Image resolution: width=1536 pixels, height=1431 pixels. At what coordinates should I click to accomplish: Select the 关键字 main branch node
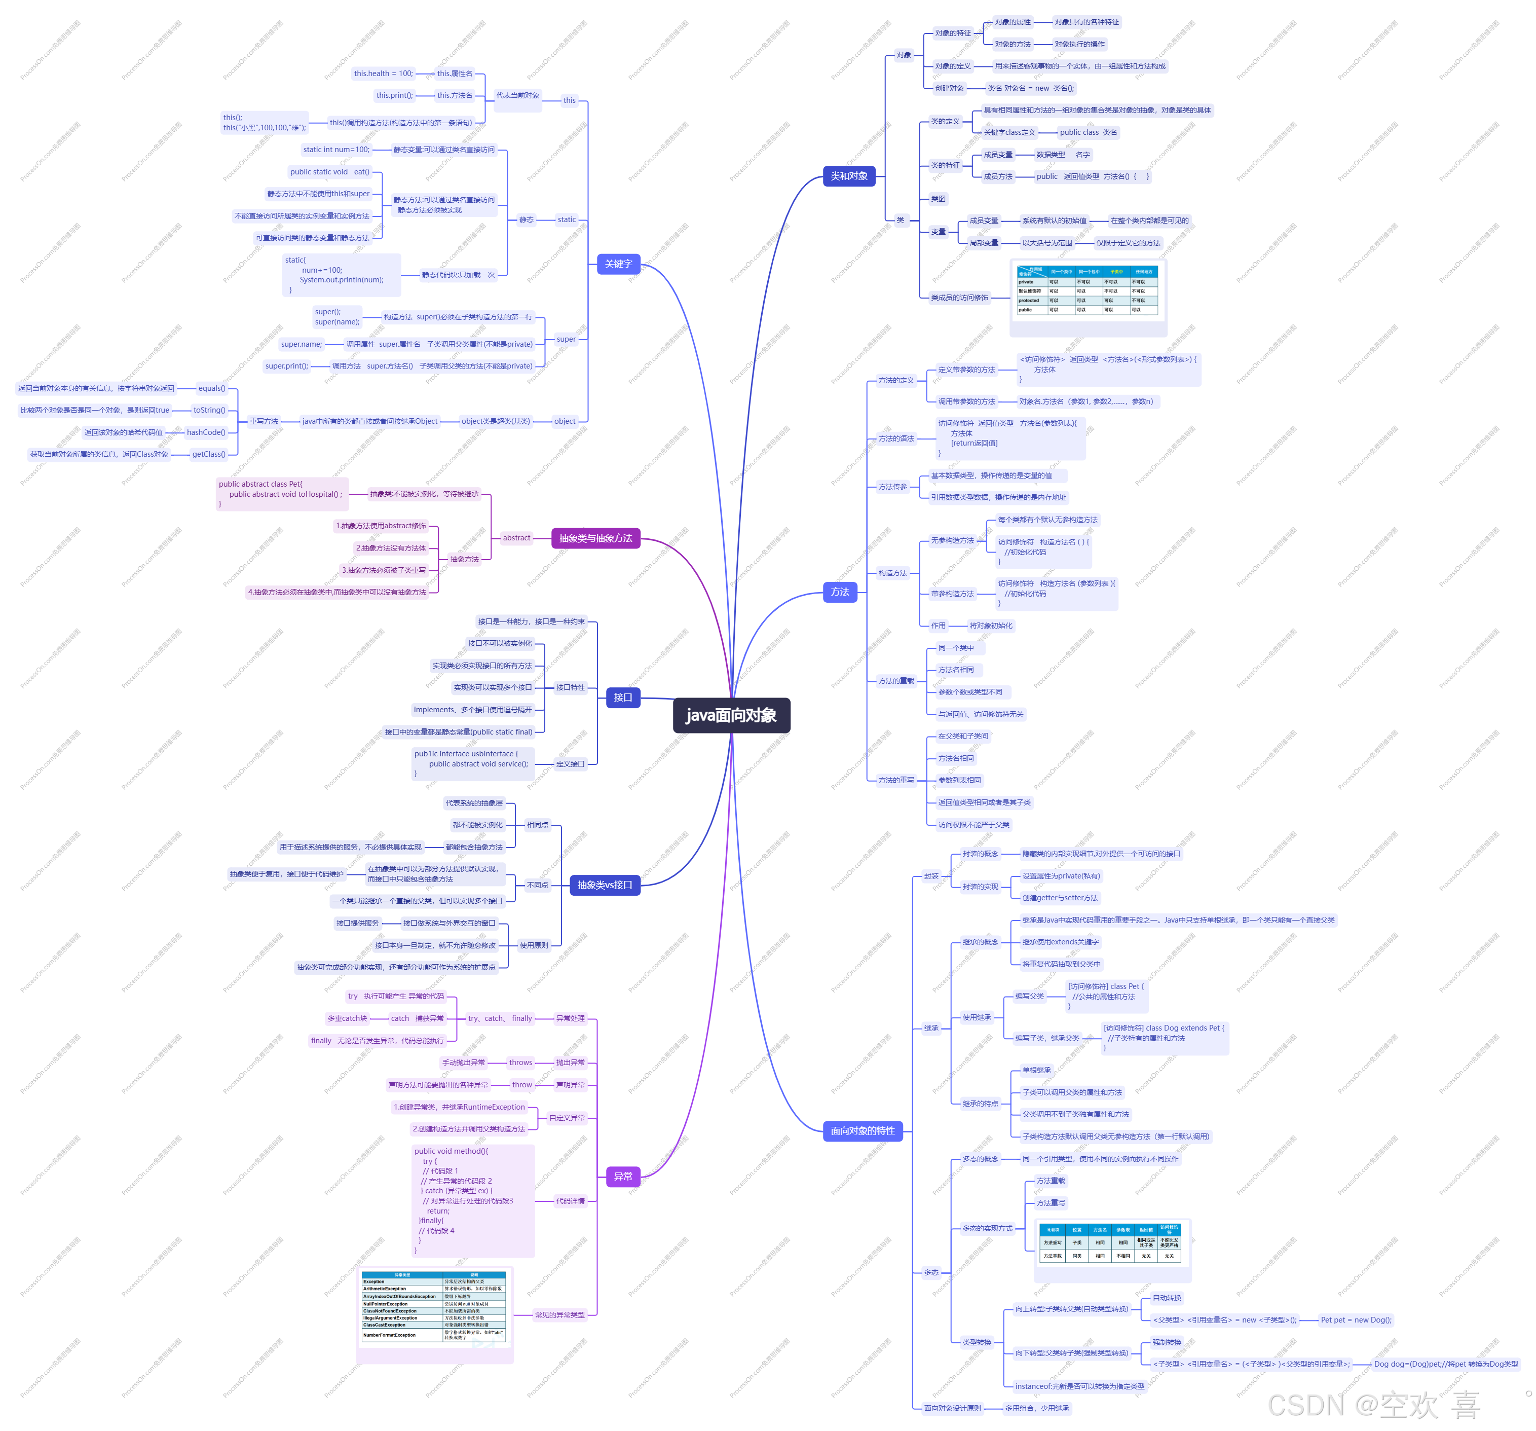[x=618, y=264]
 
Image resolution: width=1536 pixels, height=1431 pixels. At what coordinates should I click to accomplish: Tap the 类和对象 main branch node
[x=848, y=176]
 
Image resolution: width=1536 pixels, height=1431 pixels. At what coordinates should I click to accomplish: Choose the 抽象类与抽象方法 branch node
[x=595, y=538]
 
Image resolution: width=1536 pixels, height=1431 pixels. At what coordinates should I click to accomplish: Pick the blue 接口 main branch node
[x=623, y=697]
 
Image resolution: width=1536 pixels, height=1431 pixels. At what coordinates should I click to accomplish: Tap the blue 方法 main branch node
[x=840, y=592]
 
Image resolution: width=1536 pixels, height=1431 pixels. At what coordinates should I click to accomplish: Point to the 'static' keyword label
[x=567, y=219]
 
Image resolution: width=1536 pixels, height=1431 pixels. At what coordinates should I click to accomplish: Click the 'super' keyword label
[x=566, y=339]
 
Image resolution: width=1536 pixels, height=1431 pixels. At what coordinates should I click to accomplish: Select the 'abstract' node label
[x=516, y=538]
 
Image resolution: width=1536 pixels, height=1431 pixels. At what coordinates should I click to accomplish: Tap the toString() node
[x=209, y=410]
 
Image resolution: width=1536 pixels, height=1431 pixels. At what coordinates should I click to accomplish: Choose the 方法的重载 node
[x=895, y=681]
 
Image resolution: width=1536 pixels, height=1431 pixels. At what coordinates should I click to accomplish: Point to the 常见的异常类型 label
[x=559, y=1314]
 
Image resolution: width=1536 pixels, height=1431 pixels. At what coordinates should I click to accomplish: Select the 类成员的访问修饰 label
[x=959, y=298]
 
